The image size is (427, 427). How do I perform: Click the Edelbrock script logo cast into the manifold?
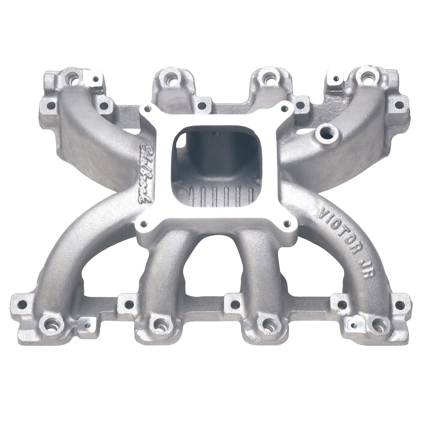[x=147, y=174]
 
